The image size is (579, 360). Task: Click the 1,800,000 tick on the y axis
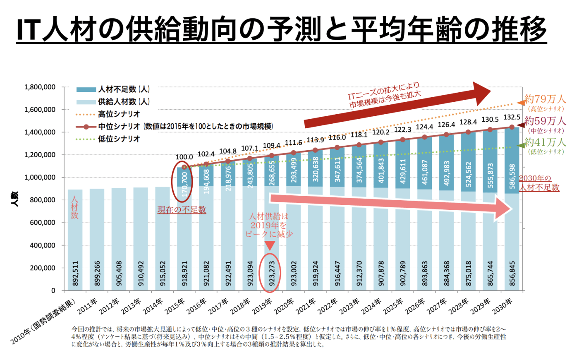tap(40, 87)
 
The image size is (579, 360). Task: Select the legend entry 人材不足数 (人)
tap(124, 89)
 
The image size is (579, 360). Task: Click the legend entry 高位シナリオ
tap(119, 114)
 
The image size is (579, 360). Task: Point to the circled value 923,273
tap(272, 273)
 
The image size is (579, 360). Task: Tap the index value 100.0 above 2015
tap(184, 157)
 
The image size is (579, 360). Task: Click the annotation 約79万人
tap(545, 99)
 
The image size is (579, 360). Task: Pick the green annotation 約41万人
tap(545, 142)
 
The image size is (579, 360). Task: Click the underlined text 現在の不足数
tap(182, 210)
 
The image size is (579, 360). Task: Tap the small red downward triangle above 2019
tap(269, 246)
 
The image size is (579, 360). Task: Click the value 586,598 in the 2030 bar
tap(512, 176)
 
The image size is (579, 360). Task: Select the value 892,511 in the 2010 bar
tap(75, 273)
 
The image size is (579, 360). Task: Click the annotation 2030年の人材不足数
tap(538, 183)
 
